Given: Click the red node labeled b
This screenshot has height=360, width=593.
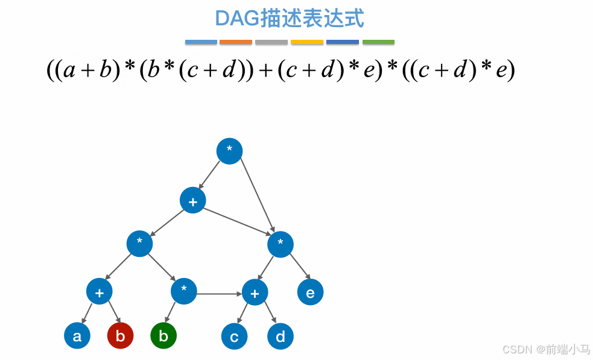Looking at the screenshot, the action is pos(120,336).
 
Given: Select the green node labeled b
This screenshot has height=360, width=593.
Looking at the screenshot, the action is pos(163,336).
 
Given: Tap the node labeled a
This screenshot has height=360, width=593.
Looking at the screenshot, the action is pos(77,336).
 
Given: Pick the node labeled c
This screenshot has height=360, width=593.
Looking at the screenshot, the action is pos(234,337).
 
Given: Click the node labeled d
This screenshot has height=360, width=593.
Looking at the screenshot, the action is pos(280,337).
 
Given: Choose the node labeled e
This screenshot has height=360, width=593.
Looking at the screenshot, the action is pos(310,293).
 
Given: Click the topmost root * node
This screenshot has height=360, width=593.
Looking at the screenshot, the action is pos(229,151).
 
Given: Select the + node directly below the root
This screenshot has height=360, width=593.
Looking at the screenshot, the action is pos(193,201).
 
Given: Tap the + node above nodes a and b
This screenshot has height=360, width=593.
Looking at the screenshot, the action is pos(99,292).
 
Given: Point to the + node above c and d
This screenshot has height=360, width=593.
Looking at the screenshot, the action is pos(255,293).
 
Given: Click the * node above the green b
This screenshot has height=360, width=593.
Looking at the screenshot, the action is pos(184,292).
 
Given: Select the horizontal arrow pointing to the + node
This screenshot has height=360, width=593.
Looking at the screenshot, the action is pos(220,294).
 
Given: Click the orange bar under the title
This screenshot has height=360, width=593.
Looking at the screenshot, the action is pos(236,42).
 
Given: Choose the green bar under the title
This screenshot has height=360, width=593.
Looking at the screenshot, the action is pos(378,42).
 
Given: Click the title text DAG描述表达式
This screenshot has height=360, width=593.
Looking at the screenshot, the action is pos(290,19).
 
